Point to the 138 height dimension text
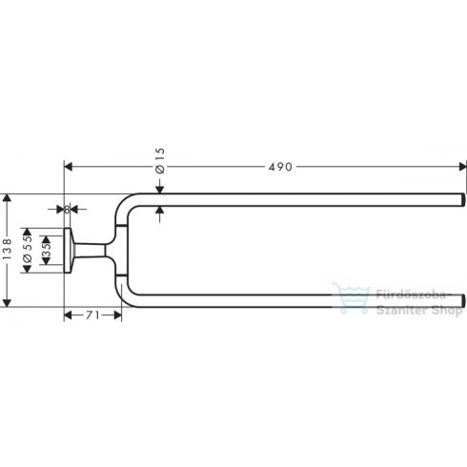[9, 250]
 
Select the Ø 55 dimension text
[30, 250]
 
